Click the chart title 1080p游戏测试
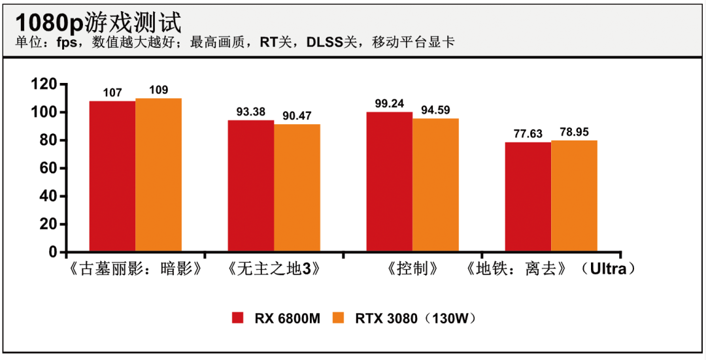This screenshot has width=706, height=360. point(98,22)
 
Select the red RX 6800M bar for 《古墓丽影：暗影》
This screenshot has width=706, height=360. point(112,176)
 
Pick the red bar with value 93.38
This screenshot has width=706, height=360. point(250,186)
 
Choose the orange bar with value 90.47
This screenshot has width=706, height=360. point(297,188)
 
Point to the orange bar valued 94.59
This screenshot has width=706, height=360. point(435,185)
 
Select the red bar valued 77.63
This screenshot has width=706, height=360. point(528,197)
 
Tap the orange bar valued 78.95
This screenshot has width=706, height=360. point(574,196)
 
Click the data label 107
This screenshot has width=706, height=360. point(112,93)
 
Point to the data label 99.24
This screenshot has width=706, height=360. point(389,103)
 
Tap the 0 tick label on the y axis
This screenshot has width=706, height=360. point(54,252)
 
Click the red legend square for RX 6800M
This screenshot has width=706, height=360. point(238,318)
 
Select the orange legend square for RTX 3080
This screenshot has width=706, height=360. point(339,318)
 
